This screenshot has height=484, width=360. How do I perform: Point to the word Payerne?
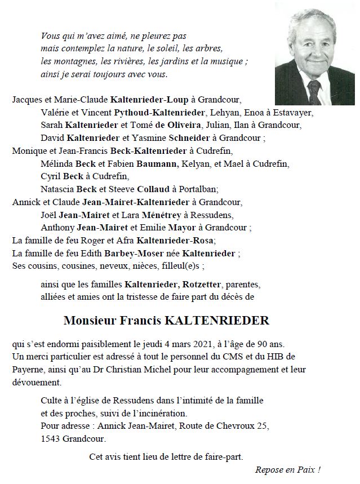[x=28, y=369]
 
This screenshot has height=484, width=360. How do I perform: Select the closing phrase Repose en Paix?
[x=287, y=469]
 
